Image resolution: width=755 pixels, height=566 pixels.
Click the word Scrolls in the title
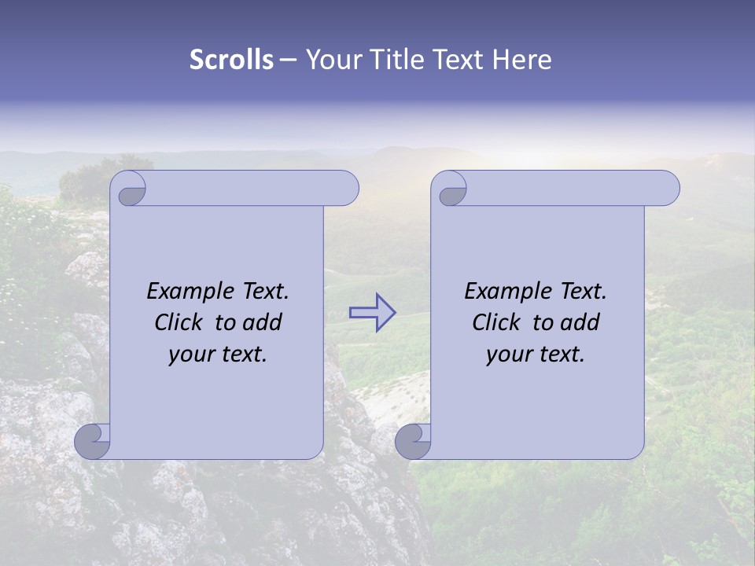231,59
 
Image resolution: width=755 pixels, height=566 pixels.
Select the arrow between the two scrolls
372,312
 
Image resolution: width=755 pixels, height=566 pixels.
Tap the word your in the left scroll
190,355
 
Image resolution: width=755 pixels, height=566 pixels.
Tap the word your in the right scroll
508,355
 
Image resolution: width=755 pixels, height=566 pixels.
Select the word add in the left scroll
263,322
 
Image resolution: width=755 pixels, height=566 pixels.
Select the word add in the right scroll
580,322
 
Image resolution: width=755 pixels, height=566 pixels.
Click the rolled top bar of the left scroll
252,188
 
